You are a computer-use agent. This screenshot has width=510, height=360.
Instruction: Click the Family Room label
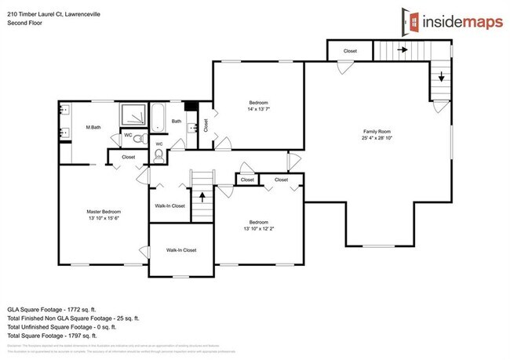point(377,131)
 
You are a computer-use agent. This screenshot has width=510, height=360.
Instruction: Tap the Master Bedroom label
point(103,211)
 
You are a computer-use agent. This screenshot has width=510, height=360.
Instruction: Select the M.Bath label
point(93,127)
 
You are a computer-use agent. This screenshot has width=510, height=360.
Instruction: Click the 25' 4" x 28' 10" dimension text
point(377,139)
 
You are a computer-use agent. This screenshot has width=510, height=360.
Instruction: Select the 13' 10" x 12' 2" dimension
point(259,229)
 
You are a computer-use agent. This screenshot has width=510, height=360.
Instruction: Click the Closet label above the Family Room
point(351,52)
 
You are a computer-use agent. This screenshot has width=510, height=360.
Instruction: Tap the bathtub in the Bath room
point(157,118)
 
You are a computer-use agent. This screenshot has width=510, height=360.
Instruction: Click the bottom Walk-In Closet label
point(180,250)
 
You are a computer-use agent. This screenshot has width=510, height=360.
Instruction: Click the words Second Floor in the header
point(26,24)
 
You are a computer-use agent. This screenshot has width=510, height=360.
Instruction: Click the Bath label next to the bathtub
point(177,122)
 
